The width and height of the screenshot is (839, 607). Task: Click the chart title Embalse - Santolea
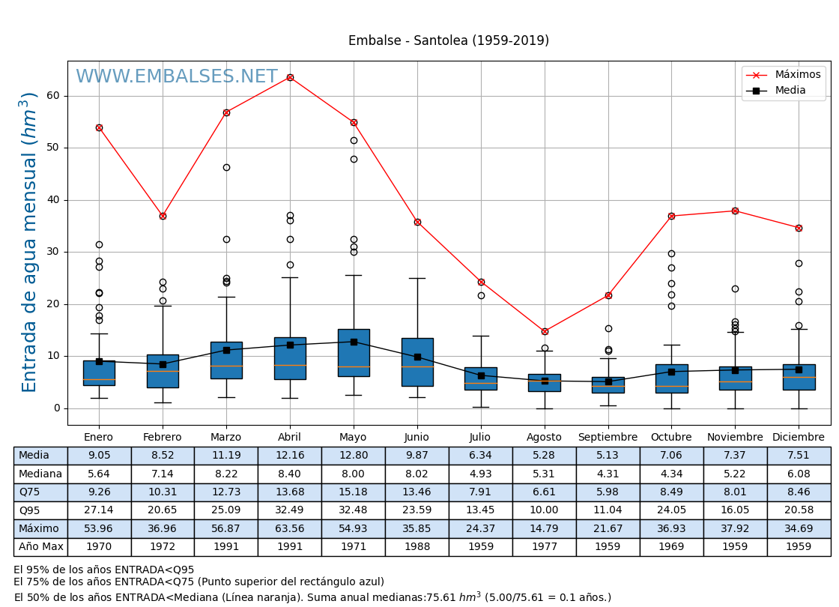[448, 41]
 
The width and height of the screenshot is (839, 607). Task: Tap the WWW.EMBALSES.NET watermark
[177, 77]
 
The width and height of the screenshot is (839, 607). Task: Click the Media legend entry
[790, 91]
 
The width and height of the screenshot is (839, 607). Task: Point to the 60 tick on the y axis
[53, 96]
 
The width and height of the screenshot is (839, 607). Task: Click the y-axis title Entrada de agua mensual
[29, 242]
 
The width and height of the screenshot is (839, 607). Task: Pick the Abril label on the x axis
[290, 438]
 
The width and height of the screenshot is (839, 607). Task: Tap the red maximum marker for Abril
[290, 77]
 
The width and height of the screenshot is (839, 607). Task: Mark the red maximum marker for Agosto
[545, 331]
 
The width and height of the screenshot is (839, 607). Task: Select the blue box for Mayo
[354, 352]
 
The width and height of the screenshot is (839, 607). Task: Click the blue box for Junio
[417, 362]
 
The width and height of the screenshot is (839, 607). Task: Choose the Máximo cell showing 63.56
[290, 529]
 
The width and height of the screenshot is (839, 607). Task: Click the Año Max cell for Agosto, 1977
[544, 547]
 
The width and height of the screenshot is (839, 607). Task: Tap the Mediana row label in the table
[40, 474]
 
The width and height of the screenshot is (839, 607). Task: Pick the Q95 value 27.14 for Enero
[99, 510]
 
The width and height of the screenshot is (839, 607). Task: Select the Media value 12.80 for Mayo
[354, 456]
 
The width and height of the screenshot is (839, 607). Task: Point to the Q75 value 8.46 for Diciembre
[799, 492]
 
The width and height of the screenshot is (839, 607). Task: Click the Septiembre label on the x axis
[608, 438]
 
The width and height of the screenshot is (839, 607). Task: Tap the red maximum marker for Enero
[99, 127]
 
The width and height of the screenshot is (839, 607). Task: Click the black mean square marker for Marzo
[226, 350]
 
